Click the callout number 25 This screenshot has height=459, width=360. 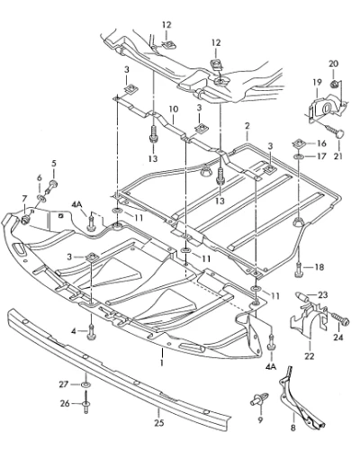click(159, 423)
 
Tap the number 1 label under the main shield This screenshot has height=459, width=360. click(162, 363)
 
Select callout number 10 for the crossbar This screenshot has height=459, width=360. click(174, 109)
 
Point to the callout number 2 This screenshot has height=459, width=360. click(247, 126)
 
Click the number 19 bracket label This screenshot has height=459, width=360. click(318, 82)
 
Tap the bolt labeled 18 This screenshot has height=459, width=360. click(299, 269)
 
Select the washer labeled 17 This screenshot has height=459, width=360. click(299, 157)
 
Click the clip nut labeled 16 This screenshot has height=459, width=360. click(300, 143)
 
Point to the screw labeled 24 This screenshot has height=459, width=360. click(339, 319)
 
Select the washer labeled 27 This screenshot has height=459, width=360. click(85, 384)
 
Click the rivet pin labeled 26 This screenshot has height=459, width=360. click(85, 404)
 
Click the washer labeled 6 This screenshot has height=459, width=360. click(40, 198)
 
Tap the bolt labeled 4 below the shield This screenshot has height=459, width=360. click(91, 332)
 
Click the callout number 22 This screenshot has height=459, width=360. click(310, 356)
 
